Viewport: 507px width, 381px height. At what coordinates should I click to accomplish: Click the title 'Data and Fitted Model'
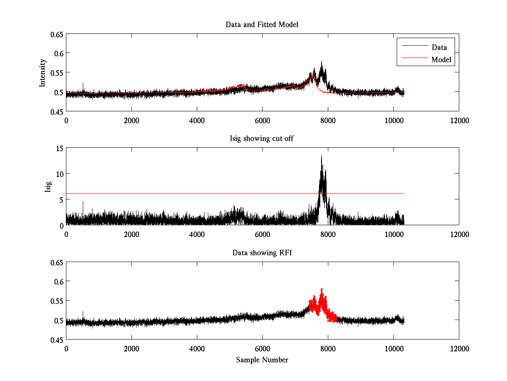click(262, 25)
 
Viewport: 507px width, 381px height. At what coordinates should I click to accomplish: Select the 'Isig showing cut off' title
click(262, 139)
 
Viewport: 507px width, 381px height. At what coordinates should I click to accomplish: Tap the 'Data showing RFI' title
click(262, 253)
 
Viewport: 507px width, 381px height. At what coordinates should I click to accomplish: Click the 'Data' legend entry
click(439, 47)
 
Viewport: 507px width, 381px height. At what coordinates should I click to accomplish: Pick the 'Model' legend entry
click(441, 60)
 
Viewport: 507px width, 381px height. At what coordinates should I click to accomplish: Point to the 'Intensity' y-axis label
click(43, 72)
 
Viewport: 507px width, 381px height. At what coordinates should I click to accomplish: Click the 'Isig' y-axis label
click(48, 187)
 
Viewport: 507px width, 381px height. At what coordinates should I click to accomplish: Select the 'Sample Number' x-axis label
click(262, 360)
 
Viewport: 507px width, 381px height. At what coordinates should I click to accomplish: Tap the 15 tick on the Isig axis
click(58, 148)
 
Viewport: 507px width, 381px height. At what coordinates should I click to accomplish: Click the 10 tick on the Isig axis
click(58, 174)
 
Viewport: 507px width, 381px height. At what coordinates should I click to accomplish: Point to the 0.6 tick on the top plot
click(56, 53)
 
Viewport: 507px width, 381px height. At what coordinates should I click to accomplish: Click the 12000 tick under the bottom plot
click(459, 348)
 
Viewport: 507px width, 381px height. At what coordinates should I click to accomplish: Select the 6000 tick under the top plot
click(262, 120)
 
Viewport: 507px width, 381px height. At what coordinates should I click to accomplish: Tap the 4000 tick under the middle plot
click(197, 234)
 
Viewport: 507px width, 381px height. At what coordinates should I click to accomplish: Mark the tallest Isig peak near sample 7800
click(322, 156)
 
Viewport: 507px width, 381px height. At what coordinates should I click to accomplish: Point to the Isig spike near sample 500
click(83, 202)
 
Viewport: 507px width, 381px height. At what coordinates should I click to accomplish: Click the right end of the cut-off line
click(404, 193)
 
